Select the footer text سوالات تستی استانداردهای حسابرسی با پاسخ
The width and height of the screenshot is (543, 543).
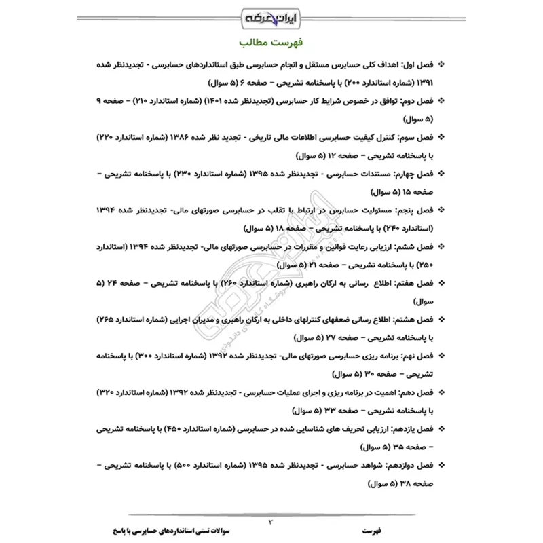[160, 527]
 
